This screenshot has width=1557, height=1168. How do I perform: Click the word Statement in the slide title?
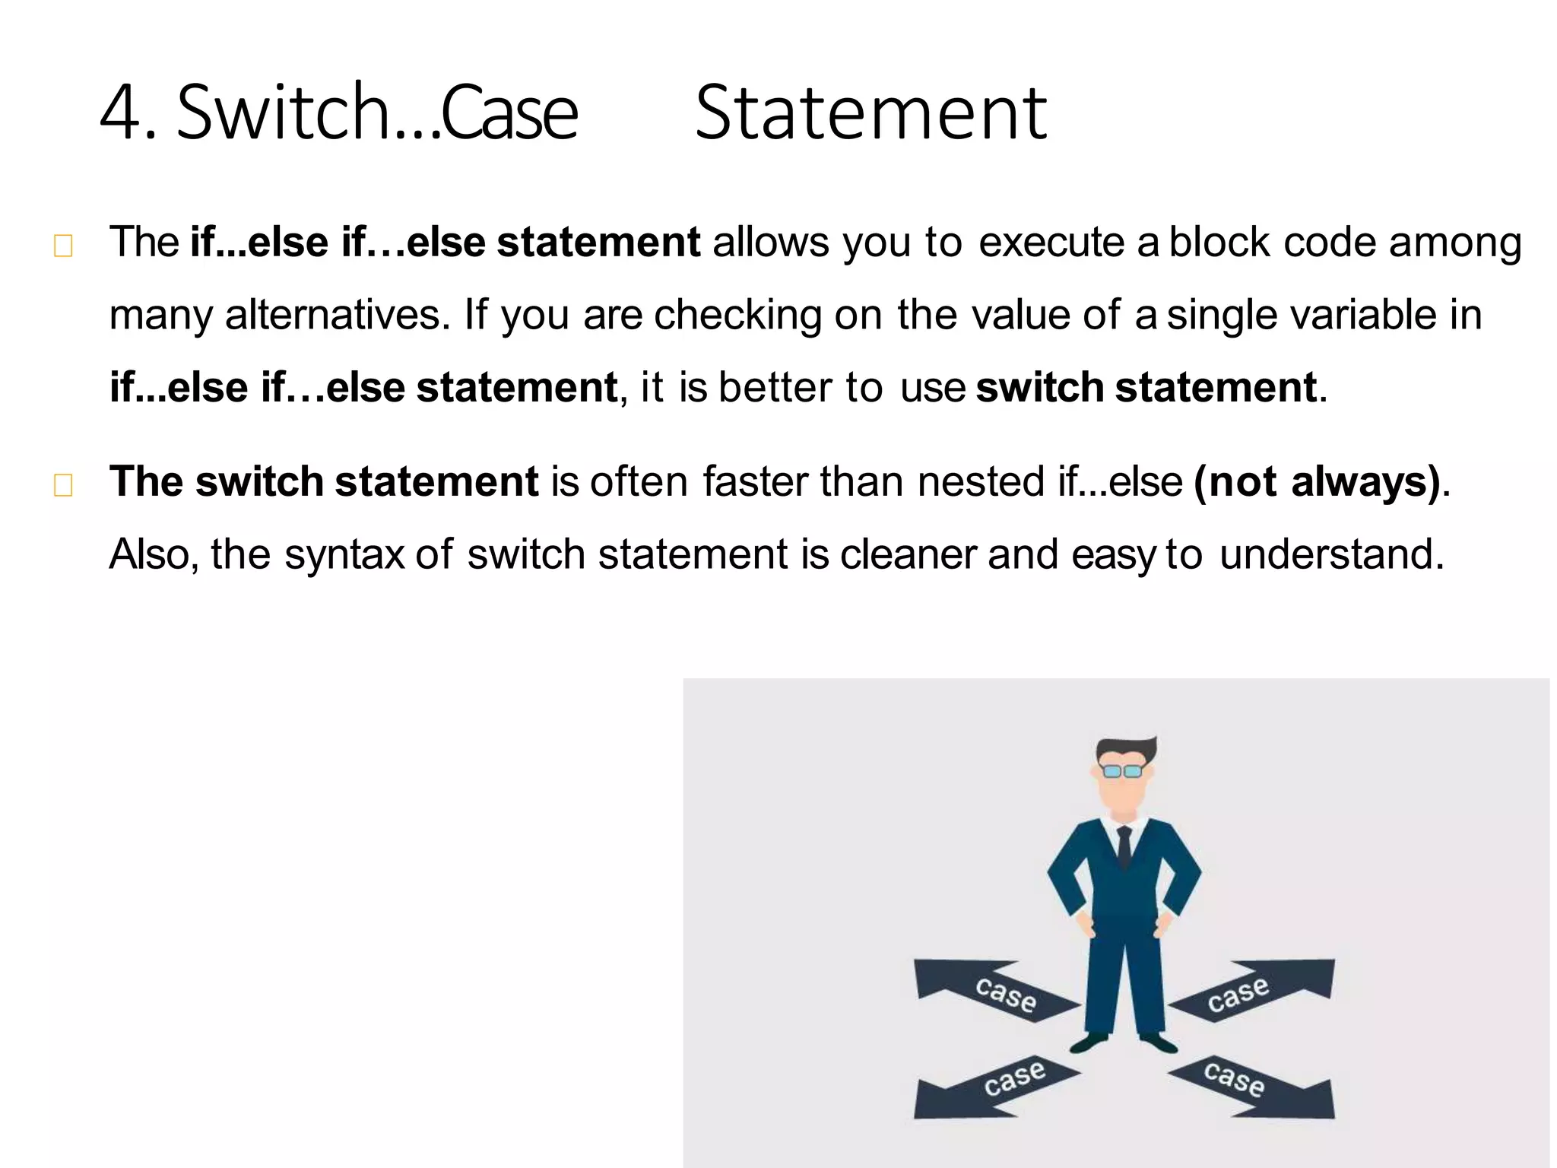pos(871,114)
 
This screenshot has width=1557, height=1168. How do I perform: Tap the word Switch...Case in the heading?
pos(377,114)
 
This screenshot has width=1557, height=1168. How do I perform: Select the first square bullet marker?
pos(63,246)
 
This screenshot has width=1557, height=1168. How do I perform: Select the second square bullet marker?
pos(63,485)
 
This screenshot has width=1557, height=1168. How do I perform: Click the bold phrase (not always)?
pos(1317,482)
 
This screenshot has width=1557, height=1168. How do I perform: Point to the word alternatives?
pos(332,315)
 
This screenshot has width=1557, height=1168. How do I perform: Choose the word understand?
pos(1330,554)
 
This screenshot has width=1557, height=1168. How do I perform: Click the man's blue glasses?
pos(1122,771)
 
